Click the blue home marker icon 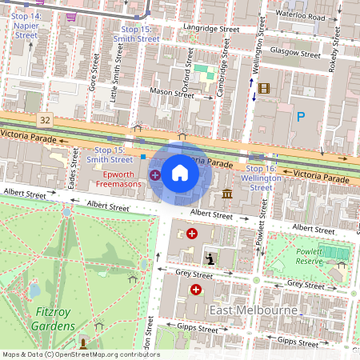(x=180, y=173)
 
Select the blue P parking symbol (x=301, y=117)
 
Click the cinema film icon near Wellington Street (x=264, y=88)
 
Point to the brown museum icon (x=228, y=194)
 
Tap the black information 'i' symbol (x=210, y=258)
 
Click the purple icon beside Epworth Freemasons (x=154, y=174)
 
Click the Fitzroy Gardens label (x=44, y=318)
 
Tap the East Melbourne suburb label (x=254, y=309)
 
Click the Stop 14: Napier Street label (x=26, y=26)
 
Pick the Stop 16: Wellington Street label (x=262, y=178)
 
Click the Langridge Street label (x=211, y=29)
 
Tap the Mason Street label (x=172, y=93)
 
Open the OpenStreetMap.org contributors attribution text (x=80, y=354)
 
